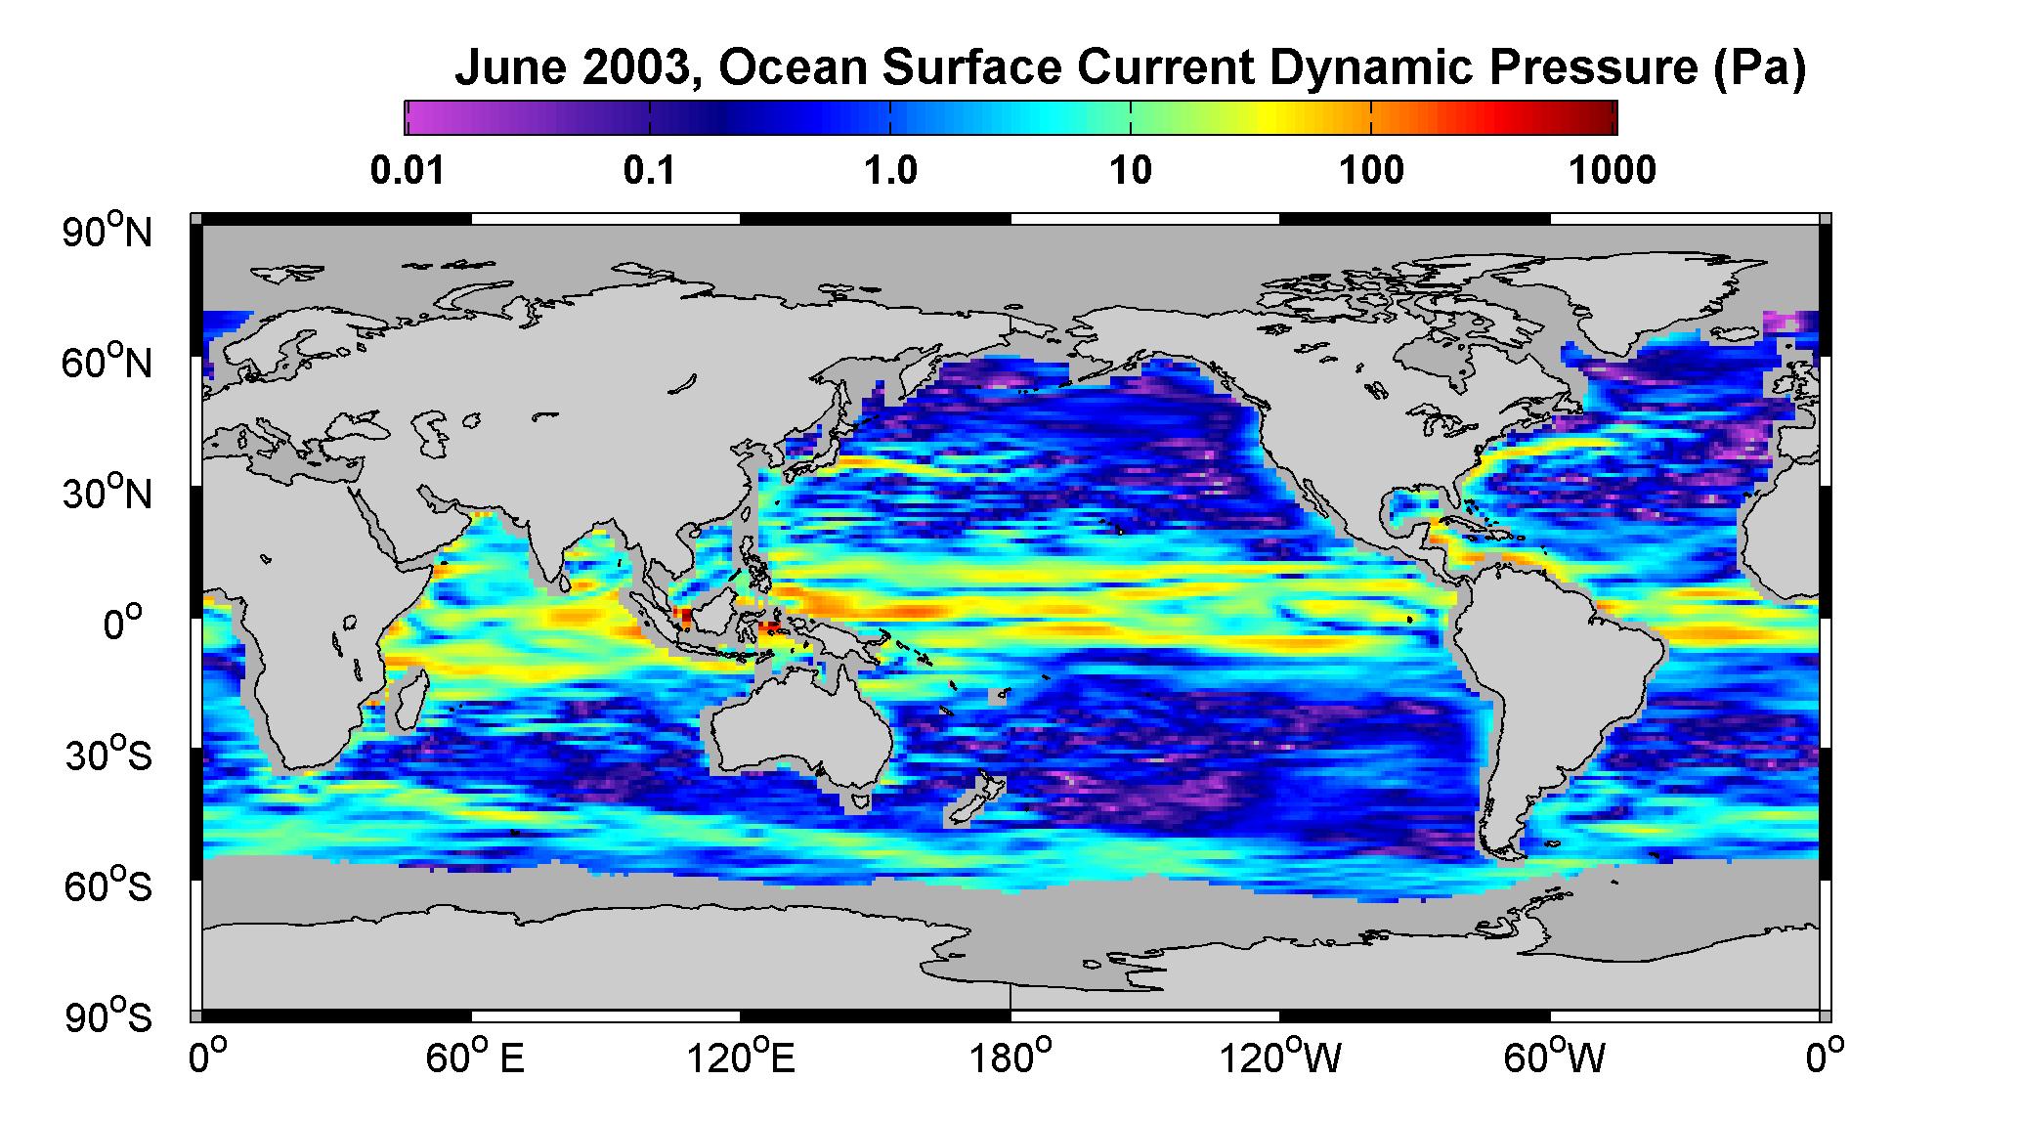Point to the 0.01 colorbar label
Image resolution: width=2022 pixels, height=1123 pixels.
(x=409, y=171)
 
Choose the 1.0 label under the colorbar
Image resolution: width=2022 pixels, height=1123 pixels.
(x=890, y=171)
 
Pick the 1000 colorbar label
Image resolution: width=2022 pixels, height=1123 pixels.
(x=1613, y=171)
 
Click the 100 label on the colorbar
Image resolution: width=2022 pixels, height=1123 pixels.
(x=1371, y=171)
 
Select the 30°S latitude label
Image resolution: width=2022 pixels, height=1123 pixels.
(x=108, y=755)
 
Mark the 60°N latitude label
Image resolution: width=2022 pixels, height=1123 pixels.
(x=108, y=363)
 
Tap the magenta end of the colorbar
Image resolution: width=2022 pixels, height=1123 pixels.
(x=426, y=117)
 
